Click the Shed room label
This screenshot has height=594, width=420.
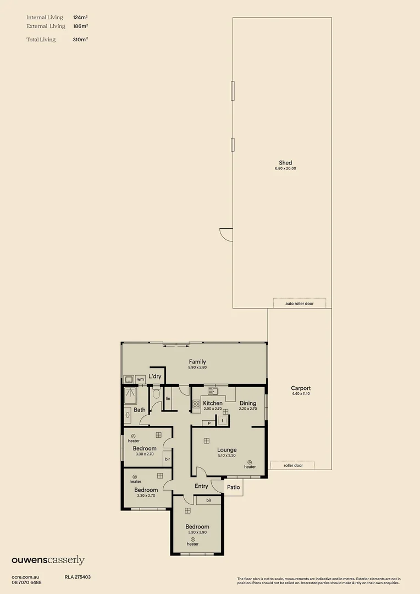pos(285,163)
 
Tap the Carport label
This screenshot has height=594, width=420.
pos(301,388)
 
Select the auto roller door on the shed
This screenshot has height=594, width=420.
pos(300,303)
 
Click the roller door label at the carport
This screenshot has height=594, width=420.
pos(293,465)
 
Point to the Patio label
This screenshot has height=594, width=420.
pos(234,487)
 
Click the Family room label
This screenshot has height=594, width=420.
pos(197,362)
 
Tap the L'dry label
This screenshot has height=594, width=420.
pos(155,376)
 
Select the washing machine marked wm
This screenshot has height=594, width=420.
pos(140,379)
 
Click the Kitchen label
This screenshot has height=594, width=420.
pos(212,403)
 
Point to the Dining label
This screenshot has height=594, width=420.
pos(247,403)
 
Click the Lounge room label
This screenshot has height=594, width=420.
pos(226,450)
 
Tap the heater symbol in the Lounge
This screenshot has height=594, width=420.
pos(250,462)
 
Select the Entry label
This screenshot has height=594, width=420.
pos(201,486)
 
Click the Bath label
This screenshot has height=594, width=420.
pos(140,410)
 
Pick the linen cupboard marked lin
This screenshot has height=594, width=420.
pos(168,398)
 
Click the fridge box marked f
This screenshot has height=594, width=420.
pos(223,420)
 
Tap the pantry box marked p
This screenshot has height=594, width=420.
pos(209,423)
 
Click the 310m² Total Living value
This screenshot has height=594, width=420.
pos(80,40)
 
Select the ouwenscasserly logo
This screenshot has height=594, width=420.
pos(48,560)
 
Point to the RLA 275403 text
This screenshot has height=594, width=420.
pos(78,577)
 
